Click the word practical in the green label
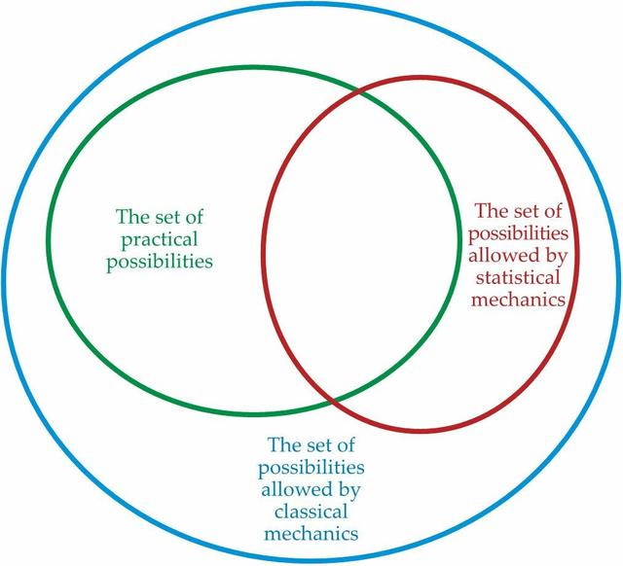tap(159, 240)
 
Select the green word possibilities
tap(160, 262)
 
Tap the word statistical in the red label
tap(518, 277)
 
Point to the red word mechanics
tap(518, 300)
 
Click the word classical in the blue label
tap(311, 512)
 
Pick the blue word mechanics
tap(311, 533)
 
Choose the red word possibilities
tap(518, 234)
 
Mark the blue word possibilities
tap(311, 469)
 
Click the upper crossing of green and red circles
tap(359, 92)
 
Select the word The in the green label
tap(129, 217)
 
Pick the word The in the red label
tap(489, 211)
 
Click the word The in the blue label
tap(281, 445)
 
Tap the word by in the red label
tap(556, 257)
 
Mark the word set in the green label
tap(164, 218)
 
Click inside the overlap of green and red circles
tap(359, 246)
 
